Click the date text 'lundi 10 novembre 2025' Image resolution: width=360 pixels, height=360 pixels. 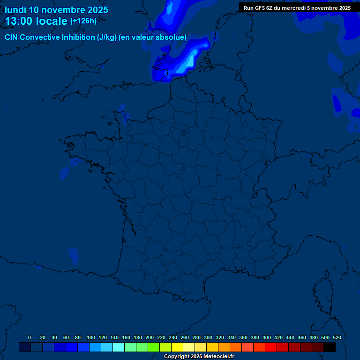pyautogui.click(x=56, y=10)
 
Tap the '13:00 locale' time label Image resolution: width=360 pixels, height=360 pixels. pyautogui.click(x=36, y=21)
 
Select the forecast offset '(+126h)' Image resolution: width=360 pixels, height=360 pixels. pyautogui.click(x=83, y=21)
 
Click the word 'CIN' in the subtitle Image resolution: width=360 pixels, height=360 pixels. pyautogui.click(x=11, y=37)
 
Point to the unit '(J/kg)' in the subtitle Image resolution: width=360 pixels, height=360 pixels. pyautogui.click(x=106, y=37)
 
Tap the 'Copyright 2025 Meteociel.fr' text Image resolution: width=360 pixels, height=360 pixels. pyautogui.click(x=199, y=356)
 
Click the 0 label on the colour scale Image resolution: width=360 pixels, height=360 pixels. pyautogui.click(x=30, y=337)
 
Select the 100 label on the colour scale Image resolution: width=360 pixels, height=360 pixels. pyautogui.click(x=91, y=337)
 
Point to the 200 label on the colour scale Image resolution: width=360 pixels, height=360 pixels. pyautogui.click(x=150, y=337)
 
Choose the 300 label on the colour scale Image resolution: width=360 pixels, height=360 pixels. pyautogui.click(x=208, y=337)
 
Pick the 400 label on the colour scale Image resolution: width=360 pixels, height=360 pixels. pyautogui.click(x=267, y=337)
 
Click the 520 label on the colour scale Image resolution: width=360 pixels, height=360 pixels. pyautogui.click(x=337, y=337)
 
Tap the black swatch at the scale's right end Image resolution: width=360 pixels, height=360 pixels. pyautogui.click(x=330, y=347)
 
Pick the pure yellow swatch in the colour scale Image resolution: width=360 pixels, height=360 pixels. pyautogui.click(x=177, y=347)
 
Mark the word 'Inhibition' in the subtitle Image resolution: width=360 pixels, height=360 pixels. pyautogui.click(x=78, y=37)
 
